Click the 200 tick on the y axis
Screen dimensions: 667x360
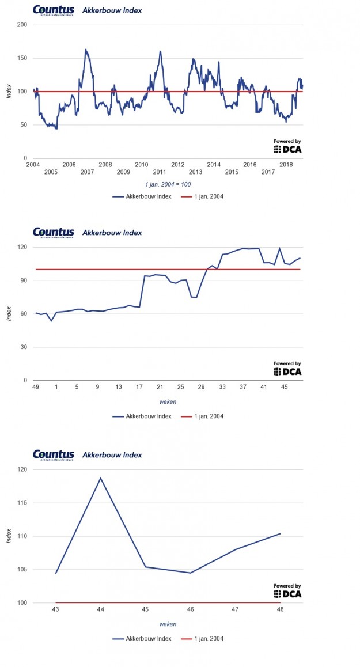pyautogui.click(x=22, y=25)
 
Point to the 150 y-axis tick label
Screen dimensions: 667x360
pyautogui.click(x=22, y=58)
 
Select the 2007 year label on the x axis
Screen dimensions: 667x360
pyautogui.click(x=87, y=172)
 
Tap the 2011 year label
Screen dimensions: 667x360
pyautogui.click(x=160, y=172)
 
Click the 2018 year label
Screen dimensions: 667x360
pyautogui.click(x=286, y=164)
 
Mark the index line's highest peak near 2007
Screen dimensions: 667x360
pyautogui.click(x=85, y=50)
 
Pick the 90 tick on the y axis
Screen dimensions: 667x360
pyautogui.click(x=24, y=281)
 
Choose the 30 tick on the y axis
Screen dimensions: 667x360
pyautogui.click(x=24, y=347)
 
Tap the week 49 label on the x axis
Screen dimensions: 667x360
pyautogui.click(x=36, y=387)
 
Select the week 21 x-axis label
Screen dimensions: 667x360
pyautogui.click(x=160, y=387)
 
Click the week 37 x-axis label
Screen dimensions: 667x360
pyautogui.click(x=243, y=387)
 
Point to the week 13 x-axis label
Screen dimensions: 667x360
pyautogui.click(x=118, y=387)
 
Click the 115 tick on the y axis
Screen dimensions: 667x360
pyautogui.click(x=22, y=503)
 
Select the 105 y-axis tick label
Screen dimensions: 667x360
pyautogui.click(x=22, y=570)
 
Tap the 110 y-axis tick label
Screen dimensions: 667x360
pyautogui.click(x=22, y=536)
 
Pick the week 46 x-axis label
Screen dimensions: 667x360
pyautogui.click(x=190, y=609)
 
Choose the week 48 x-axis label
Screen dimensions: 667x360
pyautogui.click(x=280, y=609)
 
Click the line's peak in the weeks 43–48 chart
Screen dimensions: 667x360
pyautogui.click(x=101, y=477)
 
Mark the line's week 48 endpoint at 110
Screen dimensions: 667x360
pyautogui.click(x=280, y=533)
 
